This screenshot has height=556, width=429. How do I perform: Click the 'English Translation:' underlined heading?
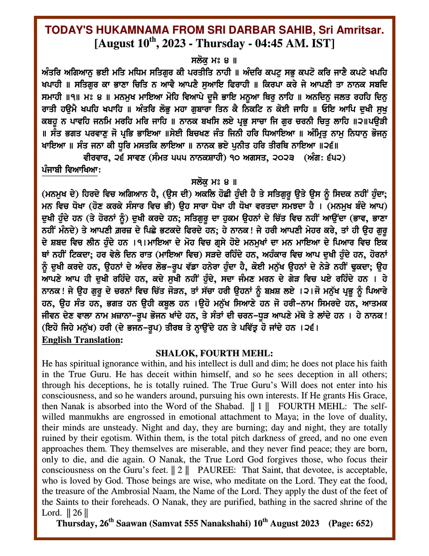[x=82, y=340]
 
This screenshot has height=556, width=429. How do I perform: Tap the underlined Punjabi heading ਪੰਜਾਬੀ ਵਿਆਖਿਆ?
[x=69, y=170]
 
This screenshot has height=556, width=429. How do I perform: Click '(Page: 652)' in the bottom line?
[x=350, y=523]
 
